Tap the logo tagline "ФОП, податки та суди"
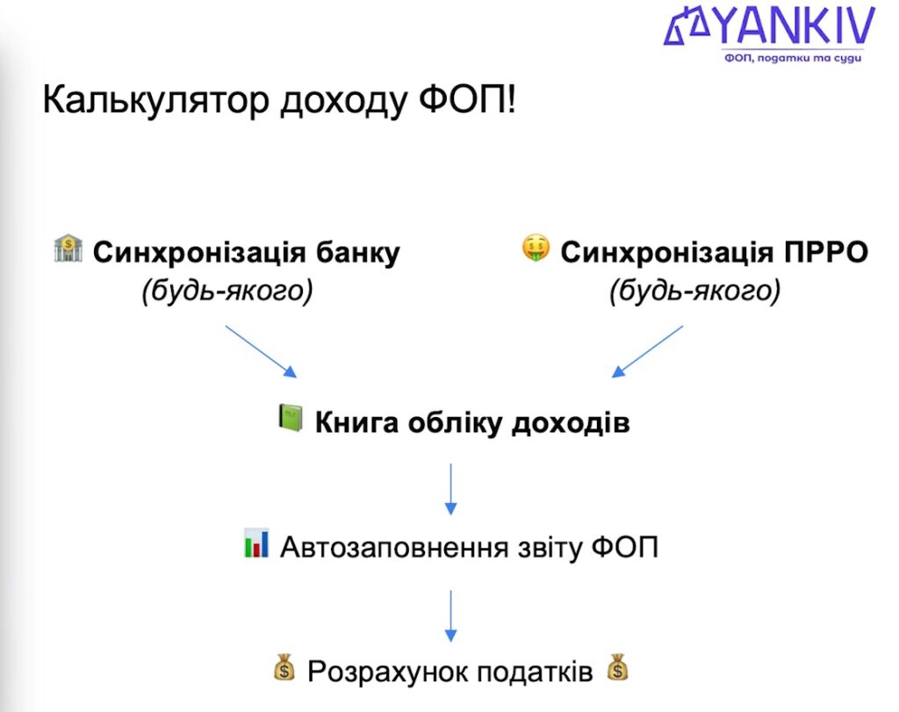click(793, 58)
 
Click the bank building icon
click(68, 249)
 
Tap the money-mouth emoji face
click(535, 249)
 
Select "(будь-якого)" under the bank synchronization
click(227, 291)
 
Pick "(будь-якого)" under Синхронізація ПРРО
click(694, 291)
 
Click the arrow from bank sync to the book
click(261, 350)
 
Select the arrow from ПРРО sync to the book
click(647, 350)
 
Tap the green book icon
click(290, 418)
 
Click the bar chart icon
click(256, 543)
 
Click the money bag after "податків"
click(618, 668)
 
